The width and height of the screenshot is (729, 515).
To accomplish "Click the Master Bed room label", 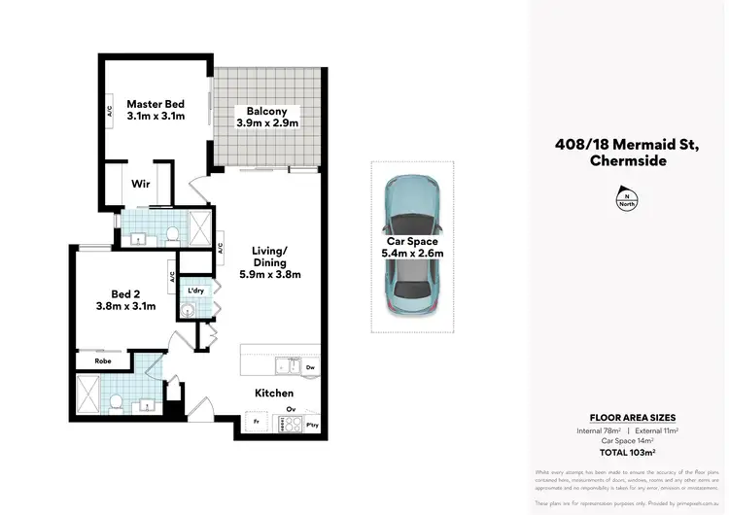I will pos(156,104).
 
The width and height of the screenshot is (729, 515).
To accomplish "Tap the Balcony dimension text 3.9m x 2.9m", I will pos(266,123).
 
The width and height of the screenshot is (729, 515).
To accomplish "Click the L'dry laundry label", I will pos(195,291).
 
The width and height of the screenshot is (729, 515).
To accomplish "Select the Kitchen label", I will pos(273,393).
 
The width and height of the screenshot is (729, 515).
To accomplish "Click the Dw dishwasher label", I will pos(309,368).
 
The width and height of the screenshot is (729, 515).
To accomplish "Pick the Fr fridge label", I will pos(256,424).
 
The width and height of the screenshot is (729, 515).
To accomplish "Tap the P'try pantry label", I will pos(312,425).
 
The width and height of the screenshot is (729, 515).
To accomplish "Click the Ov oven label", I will pos(289,409).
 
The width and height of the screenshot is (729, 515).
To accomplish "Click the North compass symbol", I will pos(628,200).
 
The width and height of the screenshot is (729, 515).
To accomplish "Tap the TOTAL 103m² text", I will pos(628,453).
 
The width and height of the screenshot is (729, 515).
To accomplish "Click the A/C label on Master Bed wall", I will pos(110,113).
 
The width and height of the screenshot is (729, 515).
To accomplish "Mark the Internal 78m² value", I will pos(599,429).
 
